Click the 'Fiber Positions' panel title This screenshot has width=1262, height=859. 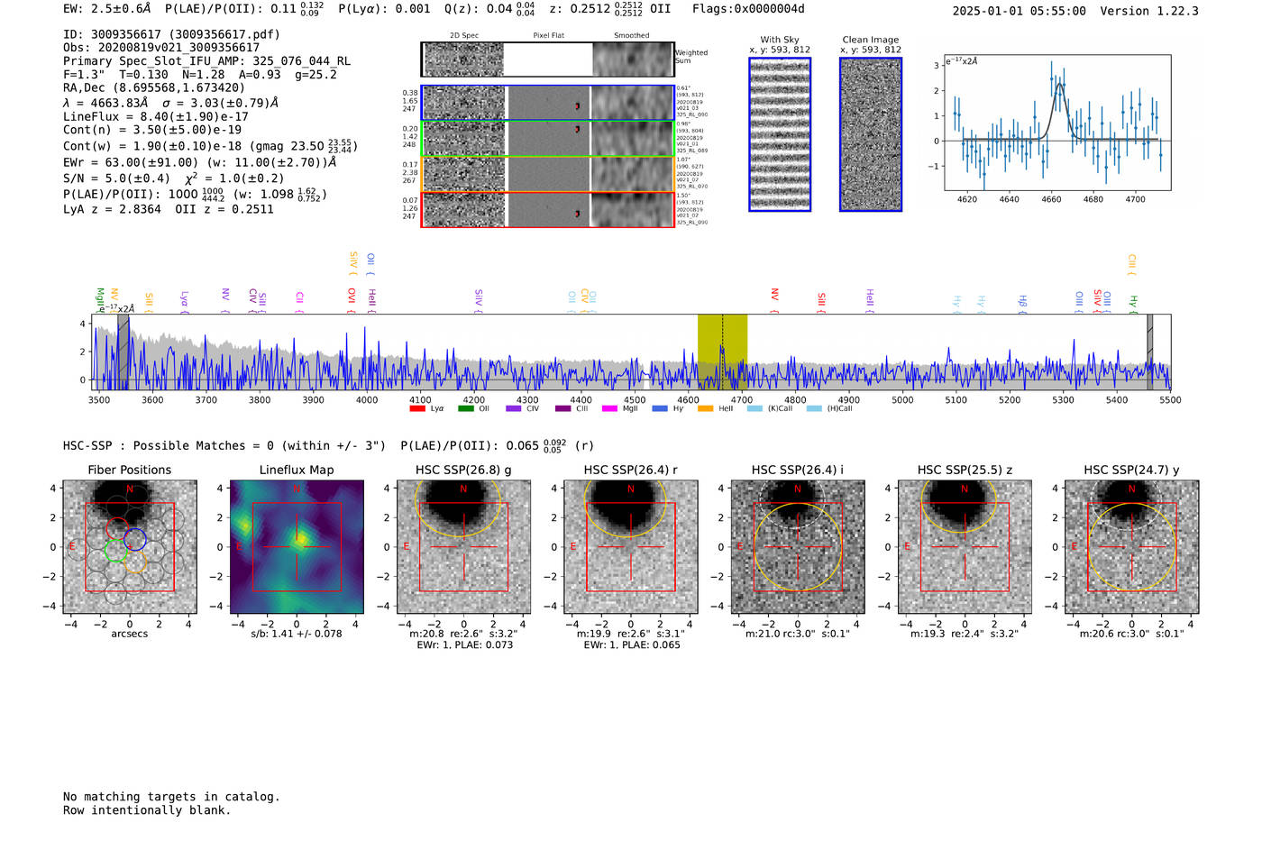coord(129,470)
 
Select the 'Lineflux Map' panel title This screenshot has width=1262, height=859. coord(297,470)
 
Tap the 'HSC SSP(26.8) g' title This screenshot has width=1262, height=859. coord(463,470)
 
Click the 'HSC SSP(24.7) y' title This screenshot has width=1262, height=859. coord(1131,470)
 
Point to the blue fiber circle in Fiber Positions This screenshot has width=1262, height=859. coord(135,539)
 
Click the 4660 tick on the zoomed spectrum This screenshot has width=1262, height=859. coord(1051,199)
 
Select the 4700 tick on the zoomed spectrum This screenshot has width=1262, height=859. coord(1135,199)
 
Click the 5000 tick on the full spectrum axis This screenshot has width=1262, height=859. coord(902,399)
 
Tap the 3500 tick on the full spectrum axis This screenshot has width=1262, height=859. coord(99,399)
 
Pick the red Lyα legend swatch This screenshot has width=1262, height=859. coord(417,409)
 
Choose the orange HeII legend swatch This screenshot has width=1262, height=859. coord(705,409)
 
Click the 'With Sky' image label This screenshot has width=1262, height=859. coord(780,40)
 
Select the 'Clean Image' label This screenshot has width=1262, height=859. coord(871,40)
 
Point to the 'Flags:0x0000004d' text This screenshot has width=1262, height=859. coord(748,9)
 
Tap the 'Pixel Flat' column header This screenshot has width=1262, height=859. coord(548,36)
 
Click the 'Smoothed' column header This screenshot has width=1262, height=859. coord(631,36)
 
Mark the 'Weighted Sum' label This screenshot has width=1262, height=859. coord(691,57)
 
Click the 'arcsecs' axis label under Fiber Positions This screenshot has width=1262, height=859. coord(129,634)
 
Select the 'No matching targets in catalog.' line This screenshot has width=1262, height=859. coord(171,797)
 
